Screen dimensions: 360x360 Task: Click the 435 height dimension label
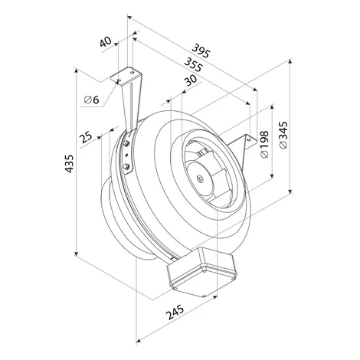tap(69, 163)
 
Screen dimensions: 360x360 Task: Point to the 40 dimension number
tap(106, 42)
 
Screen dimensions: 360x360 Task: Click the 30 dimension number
tap(191, 80)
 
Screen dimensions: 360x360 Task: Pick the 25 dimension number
tap(86, 138)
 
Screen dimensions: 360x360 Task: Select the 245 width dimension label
tap(175, 312)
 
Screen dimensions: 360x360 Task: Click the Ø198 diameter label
tap(265, 144)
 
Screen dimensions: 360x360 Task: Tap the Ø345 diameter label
tap(283, 135)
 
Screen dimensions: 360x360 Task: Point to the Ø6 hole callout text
tap(92, 100)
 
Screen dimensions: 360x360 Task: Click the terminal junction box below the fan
tap(201, 272)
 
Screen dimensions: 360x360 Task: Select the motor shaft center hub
tap(199, 178)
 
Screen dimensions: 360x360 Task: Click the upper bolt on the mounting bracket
tap(126, 144)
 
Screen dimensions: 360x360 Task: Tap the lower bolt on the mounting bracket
tap(126, 167)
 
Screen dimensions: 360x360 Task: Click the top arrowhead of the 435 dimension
tap(76, 70)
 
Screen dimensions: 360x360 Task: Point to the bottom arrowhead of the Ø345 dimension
tap(290, 191)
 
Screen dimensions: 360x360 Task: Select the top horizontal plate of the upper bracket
tap(126, 76)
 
